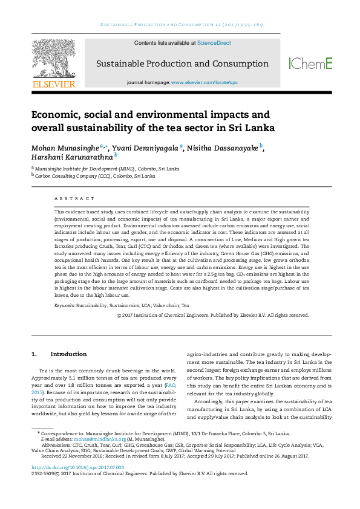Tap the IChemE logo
(x=310, y=63)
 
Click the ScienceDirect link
(x=214, y=44)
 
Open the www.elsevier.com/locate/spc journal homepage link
(x=205, y=82)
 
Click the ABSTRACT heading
(x=74, y=198)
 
